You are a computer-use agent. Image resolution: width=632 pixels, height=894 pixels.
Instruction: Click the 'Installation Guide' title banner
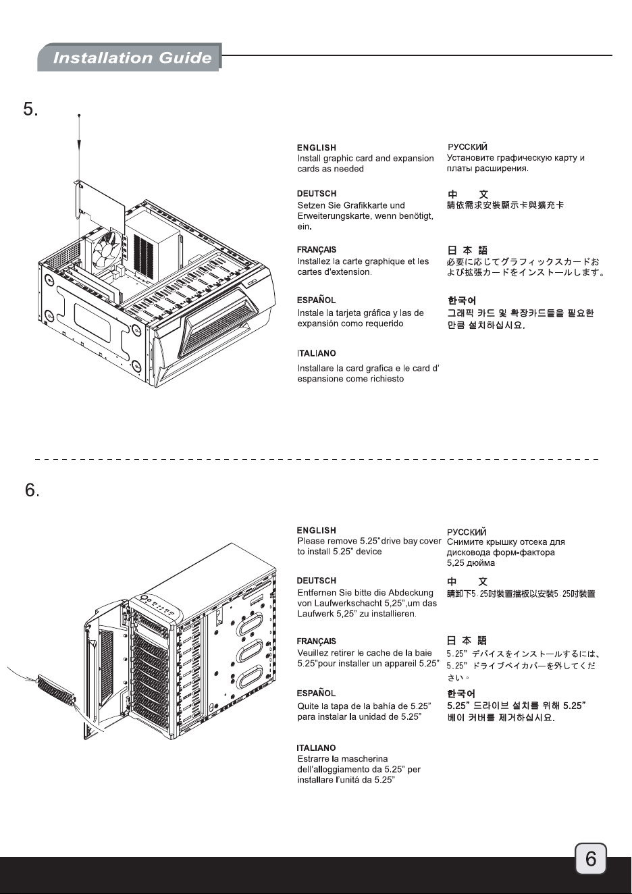(129, 57)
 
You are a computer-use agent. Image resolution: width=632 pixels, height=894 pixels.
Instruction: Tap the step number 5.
(31, 109)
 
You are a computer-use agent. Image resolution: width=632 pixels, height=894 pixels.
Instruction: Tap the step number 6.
(32, 490)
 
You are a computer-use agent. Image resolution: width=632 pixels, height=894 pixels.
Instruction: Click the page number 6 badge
(590, 858)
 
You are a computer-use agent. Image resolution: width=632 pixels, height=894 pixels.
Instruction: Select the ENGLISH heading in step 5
(317, 148)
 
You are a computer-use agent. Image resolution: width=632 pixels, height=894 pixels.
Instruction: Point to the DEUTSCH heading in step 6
(317, 581)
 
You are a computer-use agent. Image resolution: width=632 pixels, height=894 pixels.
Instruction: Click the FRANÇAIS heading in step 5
(317, 250)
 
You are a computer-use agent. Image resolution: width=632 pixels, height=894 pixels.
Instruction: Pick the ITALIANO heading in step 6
(316, 748)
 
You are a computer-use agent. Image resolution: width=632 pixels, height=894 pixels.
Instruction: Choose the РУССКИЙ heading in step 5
(467, 147)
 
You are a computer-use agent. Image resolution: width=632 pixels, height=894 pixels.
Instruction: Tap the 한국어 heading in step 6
(460, 693)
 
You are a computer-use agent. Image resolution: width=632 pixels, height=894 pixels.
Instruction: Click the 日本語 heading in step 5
(467, 251)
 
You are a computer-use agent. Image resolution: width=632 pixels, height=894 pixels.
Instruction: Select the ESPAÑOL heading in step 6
(316, 693)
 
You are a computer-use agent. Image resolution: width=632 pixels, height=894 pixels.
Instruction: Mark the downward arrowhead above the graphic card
(80, 144)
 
